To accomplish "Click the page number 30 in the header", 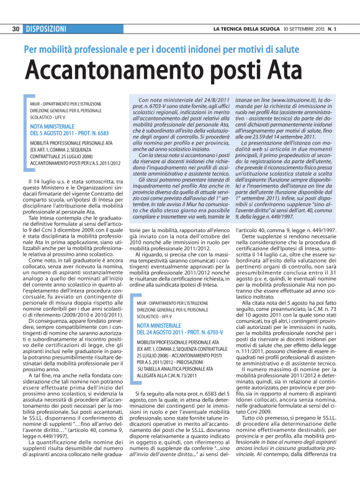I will point(16,29).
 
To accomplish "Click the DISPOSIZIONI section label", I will point(46,29).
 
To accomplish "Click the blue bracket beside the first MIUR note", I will point(25,130).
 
